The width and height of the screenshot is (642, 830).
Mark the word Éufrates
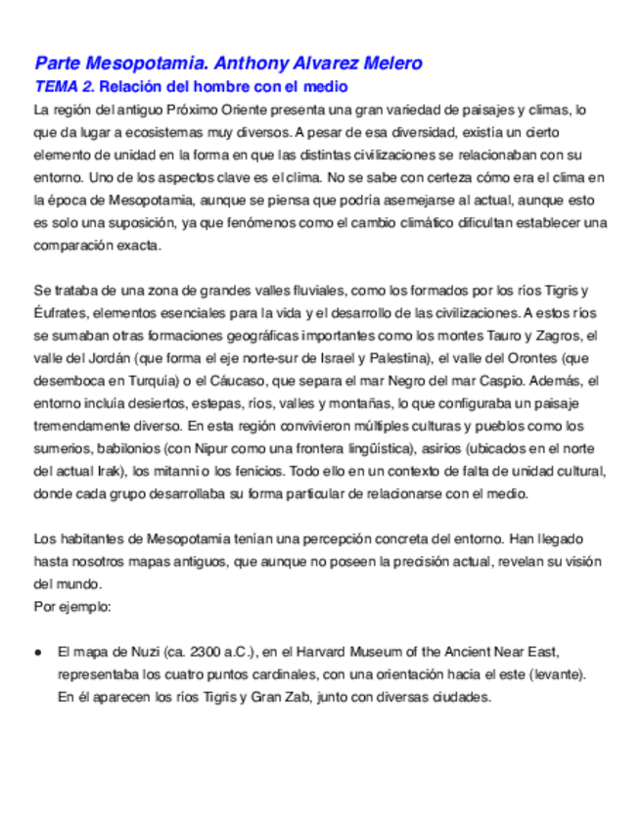pos(60,313)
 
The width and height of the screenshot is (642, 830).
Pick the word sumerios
pos(62,449)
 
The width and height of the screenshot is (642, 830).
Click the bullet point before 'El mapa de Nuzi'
pos(37,651)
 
